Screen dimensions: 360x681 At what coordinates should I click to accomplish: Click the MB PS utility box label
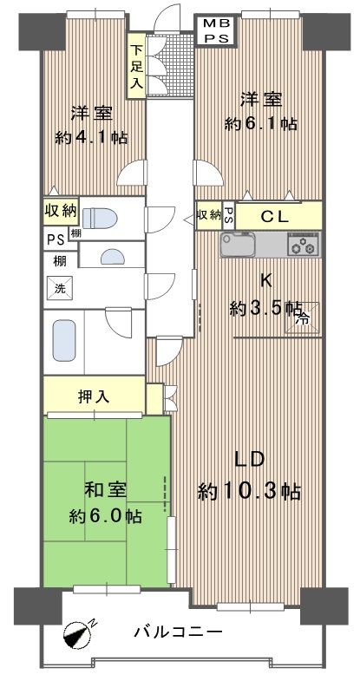click(216, 30)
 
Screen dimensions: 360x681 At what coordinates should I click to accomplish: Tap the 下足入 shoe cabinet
click(136, 66)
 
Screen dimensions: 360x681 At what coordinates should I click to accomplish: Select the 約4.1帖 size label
click(91, 138)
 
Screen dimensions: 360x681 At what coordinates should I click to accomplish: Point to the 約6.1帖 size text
click(260, 124)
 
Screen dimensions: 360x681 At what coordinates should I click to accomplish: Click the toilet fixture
click(100, 218)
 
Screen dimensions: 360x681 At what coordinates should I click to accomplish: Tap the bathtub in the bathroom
click(64, 340)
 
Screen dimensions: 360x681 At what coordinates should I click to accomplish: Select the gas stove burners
click(303, 244)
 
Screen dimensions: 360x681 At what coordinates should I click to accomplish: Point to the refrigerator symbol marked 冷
click(303, 318)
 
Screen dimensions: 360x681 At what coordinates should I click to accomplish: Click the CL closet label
click(274, 216)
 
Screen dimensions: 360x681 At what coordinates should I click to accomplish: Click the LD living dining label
click(249, 460)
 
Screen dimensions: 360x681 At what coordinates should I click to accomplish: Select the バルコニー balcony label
click(178, 632)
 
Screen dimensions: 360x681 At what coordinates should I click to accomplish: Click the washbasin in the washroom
click(113, 257)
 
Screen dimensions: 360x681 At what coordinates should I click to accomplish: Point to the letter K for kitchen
click(265, 281)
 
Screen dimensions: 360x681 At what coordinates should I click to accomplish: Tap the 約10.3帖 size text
click(249, 492)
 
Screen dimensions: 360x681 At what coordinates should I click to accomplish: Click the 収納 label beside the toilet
click(61, 211)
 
